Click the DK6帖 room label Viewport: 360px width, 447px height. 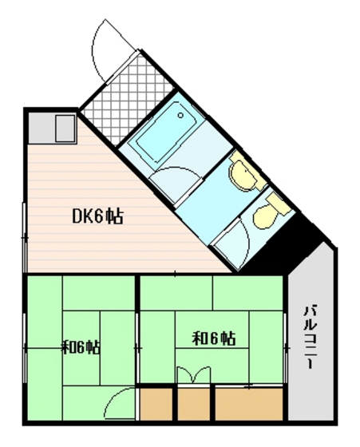pyautogui.click(x=97, y=216)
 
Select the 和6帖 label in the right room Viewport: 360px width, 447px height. pyautogui.click(x=214, y=338)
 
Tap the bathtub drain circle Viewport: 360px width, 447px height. pyautogui.click(x=182, y=116)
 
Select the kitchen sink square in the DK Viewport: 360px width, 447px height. pyautogui.click(x=64, y=126)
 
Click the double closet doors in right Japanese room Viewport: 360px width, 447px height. pyautogui.click(x=195, y=376)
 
